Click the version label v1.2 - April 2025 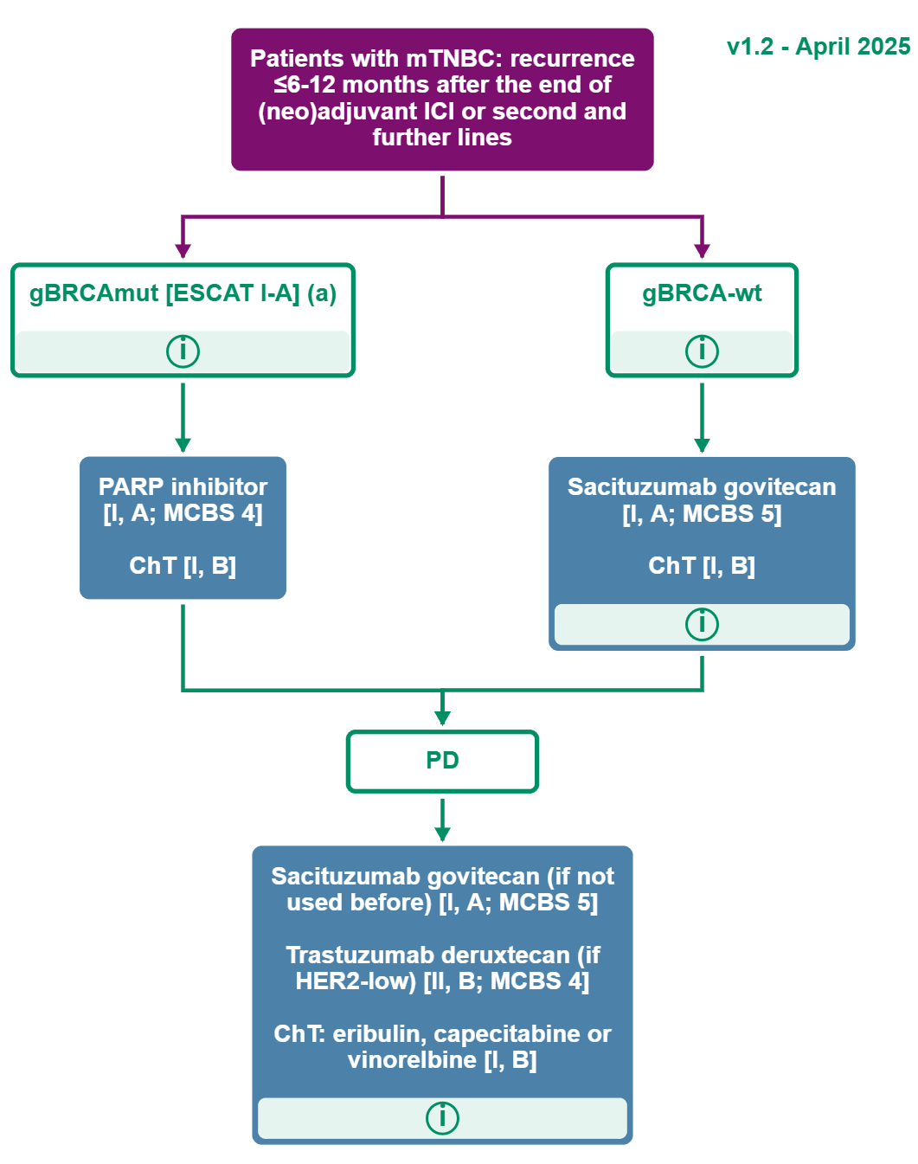818,47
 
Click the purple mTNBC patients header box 442,99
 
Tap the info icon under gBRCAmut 183,351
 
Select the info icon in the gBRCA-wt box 702,351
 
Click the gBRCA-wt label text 702,293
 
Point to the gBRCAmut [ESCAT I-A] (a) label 183,293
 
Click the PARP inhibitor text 183,486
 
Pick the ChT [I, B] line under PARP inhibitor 183,566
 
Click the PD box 442,761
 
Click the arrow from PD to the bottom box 442,819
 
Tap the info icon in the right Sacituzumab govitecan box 702,624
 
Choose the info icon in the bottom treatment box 442,1117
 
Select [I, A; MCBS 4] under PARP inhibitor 183,513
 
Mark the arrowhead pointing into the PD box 442,718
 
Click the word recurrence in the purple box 572,59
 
